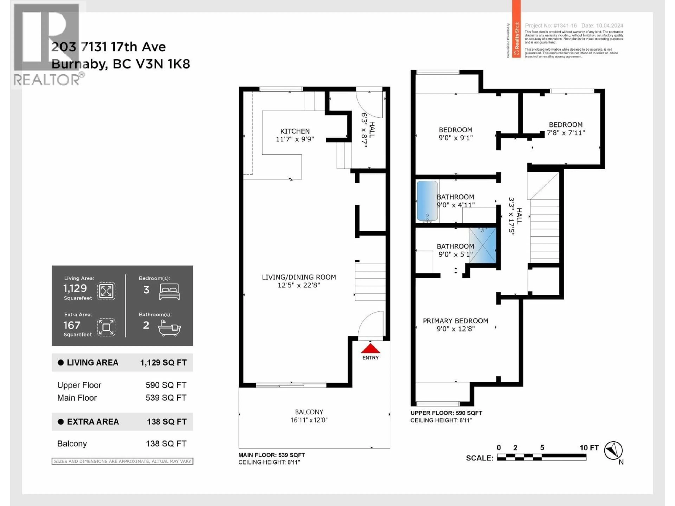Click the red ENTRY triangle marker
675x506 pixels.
(370, 349)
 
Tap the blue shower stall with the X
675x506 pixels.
(483, 245)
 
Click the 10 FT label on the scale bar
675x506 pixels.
(589, 448)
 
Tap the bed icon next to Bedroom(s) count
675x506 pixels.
(169, 292)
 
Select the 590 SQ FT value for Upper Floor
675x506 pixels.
(166, 385)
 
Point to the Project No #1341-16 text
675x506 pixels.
(551, 26)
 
